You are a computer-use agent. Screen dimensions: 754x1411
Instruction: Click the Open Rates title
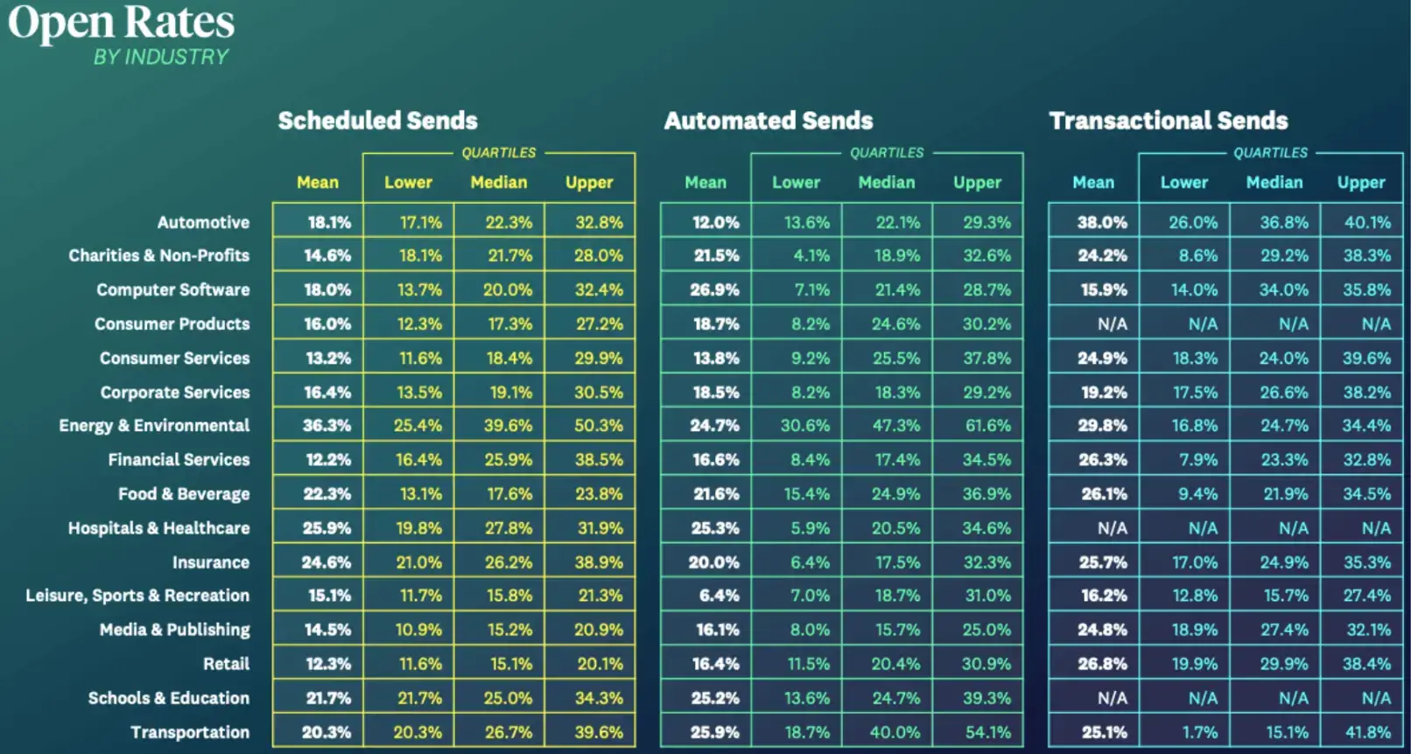pos(122,23)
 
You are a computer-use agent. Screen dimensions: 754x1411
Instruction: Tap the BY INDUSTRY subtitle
pos(161,57)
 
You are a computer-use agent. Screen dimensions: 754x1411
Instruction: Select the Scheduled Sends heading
pos(377,121)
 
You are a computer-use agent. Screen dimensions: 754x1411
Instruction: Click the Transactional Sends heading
pos(1168,121)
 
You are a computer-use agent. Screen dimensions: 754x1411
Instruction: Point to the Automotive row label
pos(203,222)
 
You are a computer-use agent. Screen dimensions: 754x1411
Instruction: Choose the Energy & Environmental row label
pos(154,426)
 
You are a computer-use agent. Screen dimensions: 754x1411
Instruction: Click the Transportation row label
pos(190,732)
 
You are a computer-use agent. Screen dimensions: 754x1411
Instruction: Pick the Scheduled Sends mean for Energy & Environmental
pos(326,426)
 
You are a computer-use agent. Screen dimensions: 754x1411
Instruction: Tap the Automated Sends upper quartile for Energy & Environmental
pos(986,426)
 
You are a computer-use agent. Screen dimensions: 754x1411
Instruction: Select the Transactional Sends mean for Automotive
pos(1102,222)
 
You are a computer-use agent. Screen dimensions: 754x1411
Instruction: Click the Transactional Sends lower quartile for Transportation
pos(1196,732)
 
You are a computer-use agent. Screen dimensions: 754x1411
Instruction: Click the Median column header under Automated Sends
pos(886,183)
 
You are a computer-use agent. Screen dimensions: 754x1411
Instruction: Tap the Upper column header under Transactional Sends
pos(1360,183)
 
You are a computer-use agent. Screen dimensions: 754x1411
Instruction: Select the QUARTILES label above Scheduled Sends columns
pos(498,153)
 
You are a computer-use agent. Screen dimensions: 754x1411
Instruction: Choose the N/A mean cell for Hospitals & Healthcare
pos(1112,528)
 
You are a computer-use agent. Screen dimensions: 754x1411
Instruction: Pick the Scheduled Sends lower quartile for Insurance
pos(418,562)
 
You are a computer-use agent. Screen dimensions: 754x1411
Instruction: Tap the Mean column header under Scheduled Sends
pos(317,183)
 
